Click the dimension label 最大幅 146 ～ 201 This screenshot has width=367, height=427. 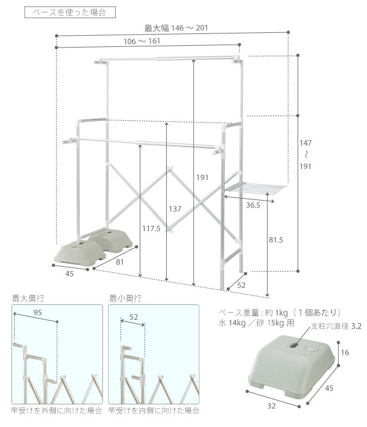coord(176,28)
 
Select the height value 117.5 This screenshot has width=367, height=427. coord(150,229)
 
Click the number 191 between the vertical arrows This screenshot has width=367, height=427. coord(202,178)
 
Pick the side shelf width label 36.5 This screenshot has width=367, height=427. coord(254,205)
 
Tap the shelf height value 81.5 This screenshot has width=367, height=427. coord(275,240)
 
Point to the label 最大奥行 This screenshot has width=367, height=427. coord(28,299)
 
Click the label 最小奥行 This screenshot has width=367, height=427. coord(125,299)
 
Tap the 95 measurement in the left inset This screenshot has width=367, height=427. coord(37,313)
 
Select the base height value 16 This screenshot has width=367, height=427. coord(346,353)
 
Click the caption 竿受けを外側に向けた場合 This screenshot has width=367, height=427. coord(56,411)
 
